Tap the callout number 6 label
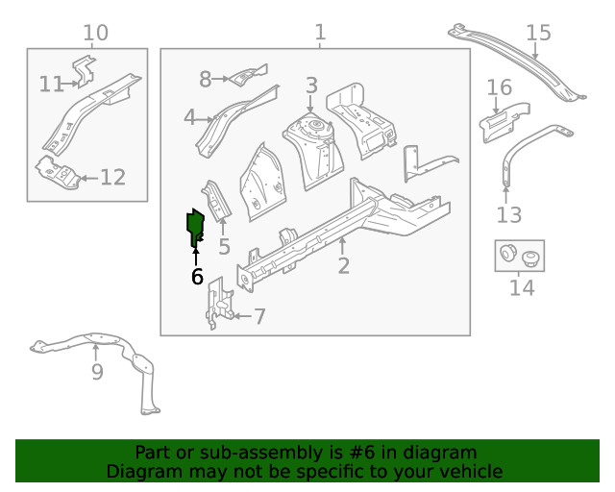pos(196,277)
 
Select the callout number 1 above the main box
pos(320,34)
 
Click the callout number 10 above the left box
pos(95,34)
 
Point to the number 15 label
pos(538,34)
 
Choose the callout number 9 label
pos(97,372)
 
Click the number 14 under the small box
pos(521,286)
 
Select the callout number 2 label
pos(343,266)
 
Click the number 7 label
pos(259,315)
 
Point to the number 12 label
pos(112,177)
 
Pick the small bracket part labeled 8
pos(246,74)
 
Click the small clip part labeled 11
pos(85,71)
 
